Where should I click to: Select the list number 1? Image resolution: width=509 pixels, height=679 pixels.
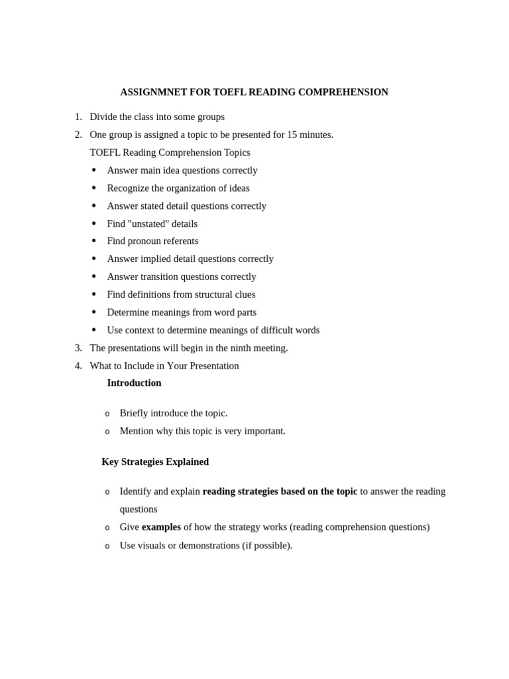tap(78, 117)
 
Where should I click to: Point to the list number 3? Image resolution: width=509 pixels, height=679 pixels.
tap(78, 348)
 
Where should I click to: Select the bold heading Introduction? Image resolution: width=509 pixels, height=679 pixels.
tap(134, 383)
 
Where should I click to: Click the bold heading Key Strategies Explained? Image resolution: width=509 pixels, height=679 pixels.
tap(155, 462)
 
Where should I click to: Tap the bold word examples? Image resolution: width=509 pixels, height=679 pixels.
tap(161, 527)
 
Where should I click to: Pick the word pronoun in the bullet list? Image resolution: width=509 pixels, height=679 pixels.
tap(146, 241)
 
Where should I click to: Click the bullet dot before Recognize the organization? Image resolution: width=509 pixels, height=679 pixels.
tap(94, 188)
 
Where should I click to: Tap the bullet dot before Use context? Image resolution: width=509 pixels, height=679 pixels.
tap(94, 330)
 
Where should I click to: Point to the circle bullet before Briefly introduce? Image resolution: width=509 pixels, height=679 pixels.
tap(107, 414)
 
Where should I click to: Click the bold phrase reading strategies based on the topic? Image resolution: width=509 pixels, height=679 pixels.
tap(280, 491)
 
